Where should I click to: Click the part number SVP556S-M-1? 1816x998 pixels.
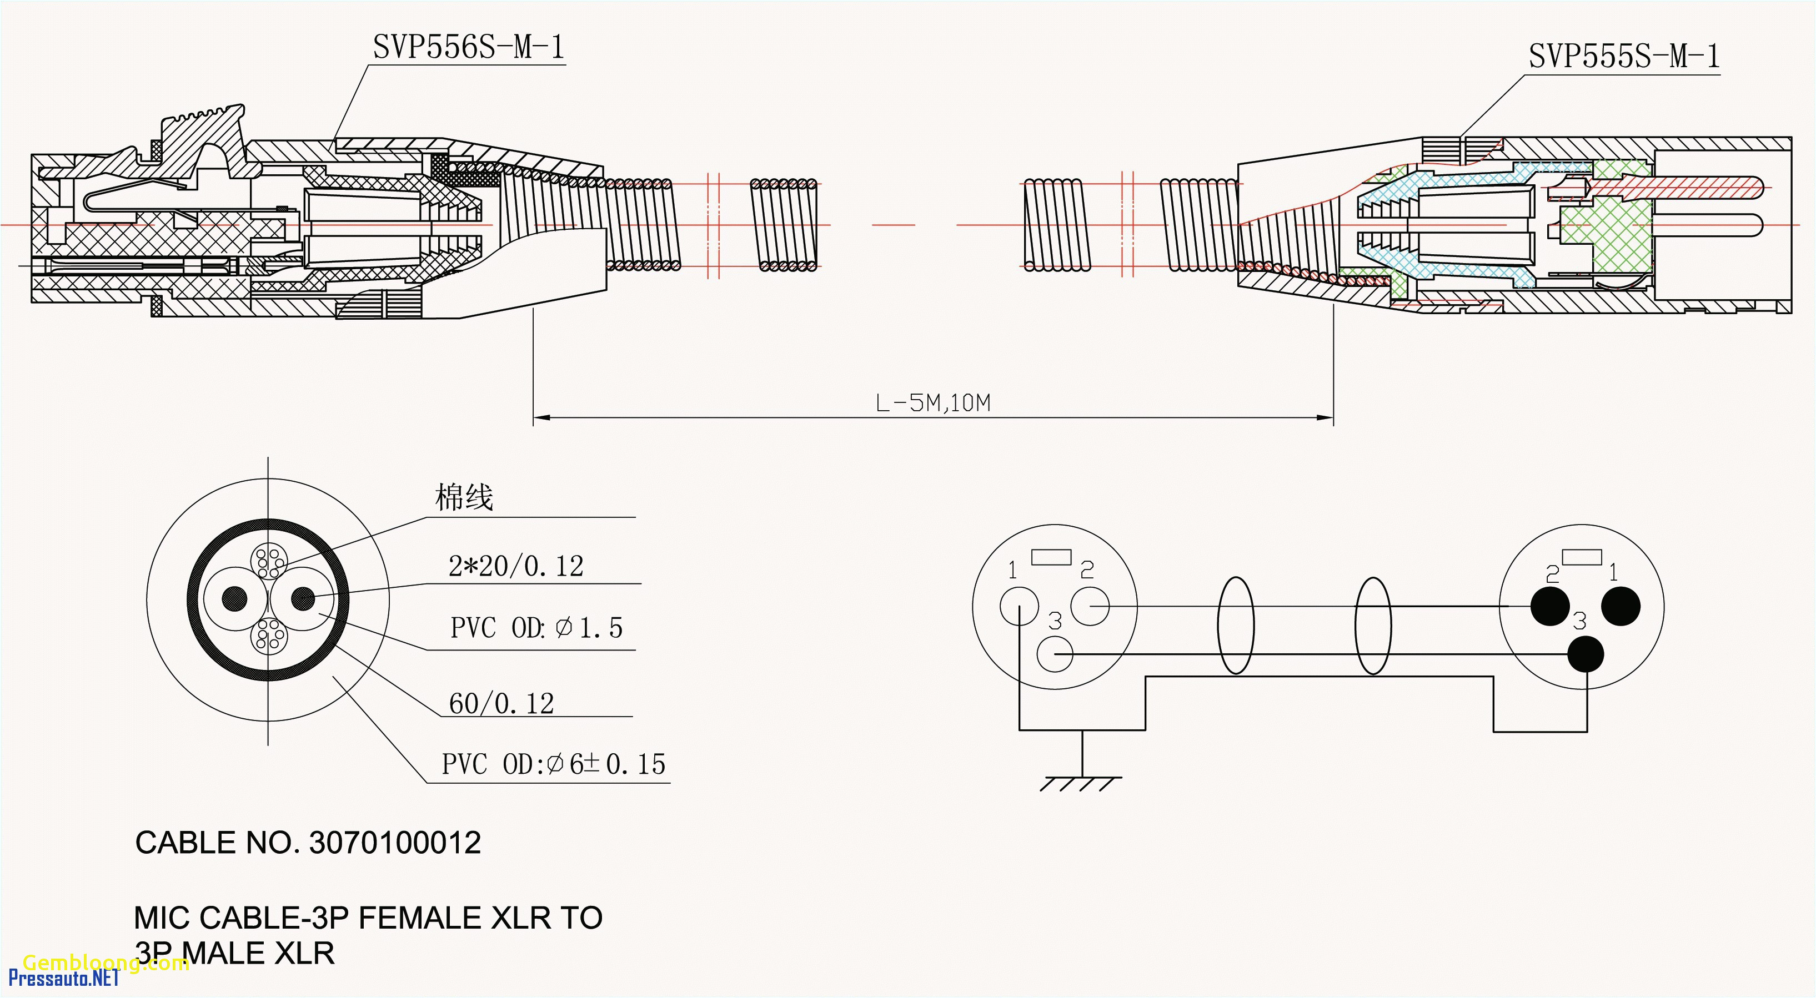[468, 48]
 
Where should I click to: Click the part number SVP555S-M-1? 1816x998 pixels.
[1623, 57]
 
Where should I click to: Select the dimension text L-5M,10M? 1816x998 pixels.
[932, 403]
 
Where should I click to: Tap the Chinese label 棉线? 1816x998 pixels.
[464, 497]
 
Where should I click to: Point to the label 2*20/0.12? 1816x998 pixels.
[516, 566]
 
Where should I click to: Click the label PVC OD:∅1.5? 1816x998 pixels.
[536, 628]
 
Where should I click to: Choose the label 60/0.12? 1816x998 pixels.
[501, 703]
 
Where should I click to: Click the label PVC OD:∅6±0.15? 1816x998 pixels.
[553, 764]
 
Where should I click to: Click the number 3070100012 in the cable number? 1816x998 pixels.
[395, 843]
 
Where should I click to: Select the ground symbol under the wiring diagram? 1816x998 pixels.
[1081, 782]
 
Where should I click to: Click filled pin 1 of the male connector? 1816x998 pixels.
[1621, 606]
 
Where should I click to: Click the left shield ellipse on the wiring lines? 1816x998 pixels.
[1235, 625]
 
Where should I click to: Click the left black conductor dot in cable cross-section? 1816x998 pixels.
[235, 599]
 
